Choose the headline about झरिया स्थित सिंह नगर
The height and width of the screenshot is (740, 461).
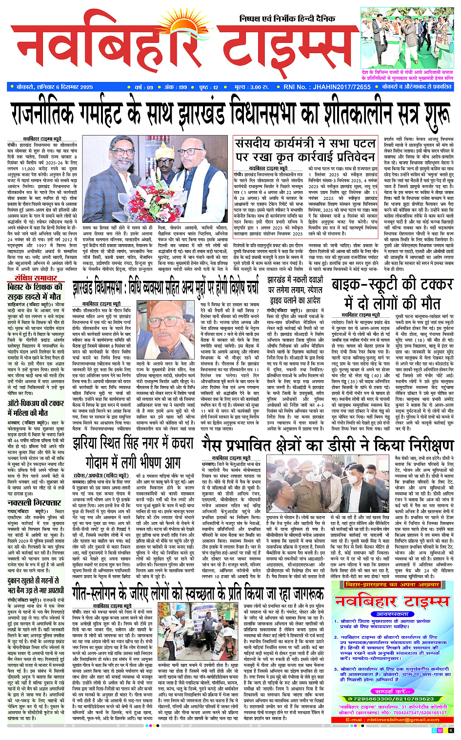click(133, 453)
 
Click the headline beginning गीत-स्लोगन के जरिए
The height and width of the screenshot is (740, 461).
click(198, 593)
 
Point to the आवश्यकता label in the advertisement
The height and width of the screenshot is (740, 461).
click(392, 614)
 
